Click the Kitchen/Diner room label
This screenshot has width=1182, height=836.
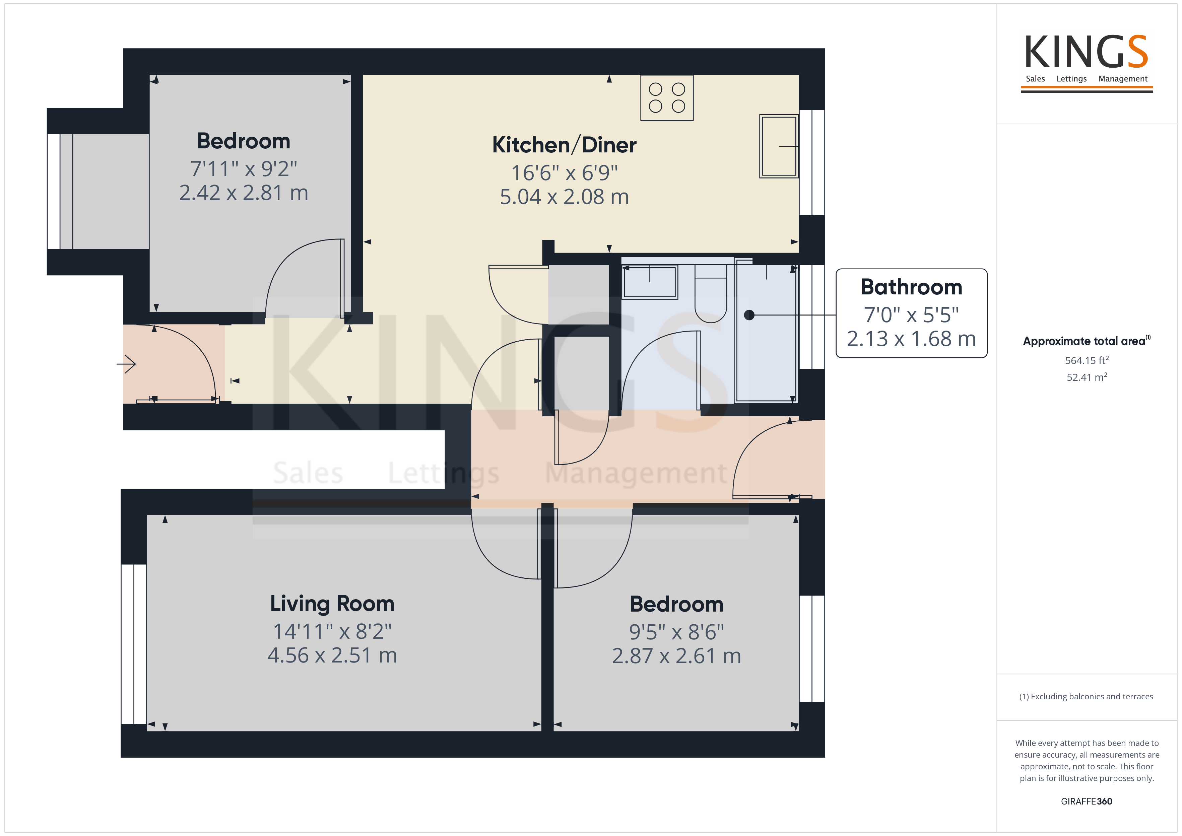564,145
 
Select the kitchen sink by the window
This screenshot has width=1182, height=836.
779,146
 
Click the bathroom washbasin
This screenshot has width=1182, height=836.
650,282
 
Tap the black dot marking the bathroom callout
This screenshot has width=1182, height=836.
749,315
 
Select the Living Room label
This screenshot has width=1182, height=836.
332,604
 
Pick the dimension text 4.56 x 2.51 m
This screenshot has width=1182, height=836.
332,655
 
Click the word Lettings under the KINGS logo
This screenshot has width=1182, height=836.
1071,79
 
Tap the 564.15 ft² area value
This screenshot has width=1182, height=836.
1087,360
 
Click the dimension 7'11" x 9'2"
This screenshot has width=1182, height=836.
244,169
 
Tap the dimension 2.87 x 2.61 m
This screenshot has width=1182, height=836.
676,656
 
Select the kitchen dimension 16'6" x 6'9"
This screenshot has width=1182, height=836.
564,173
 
